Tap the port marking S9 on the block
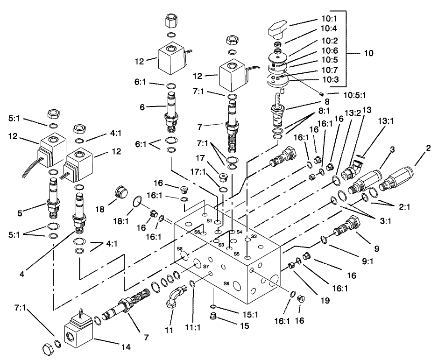click(x=226, y=283)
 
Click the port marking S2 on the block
click(x=254, y=237)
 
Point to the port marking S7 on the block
click(x=205, y=266)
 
